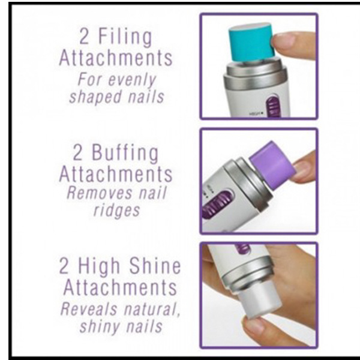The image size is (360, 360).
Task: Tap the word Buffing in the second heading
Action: (125, 154)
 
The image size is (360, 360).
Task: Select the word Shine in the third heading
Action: (155, 266)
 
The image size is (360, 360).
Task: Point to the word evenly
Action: (132, 80)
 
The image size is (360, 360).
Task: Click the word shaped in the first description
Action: (95, 97)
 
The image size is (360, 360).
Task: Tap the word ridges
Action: (116, 211)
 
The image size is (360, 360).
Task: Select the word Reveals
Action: (89, 309)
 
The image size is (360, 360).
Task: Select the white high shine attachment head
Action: (260, 301)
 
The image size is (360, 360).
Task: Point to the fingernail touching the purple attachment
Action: (302, 169)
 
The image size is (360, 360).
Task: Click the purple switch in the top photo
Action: (273, 107)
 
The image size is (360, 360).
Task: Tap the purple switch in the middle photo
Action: (218, 203)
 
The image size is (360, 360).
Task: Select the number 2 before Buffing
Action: (77, 152)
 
